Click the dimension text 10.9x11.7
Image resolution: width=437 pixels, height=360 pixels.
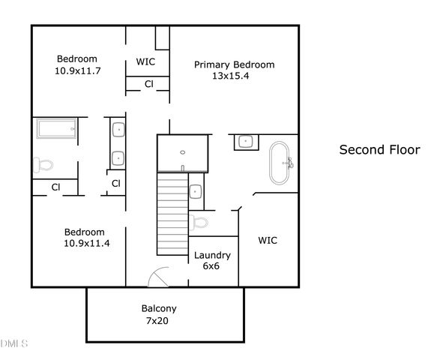click(x=77, y=70)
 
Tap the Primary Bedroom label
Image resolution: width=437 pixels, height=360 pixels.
click(x=234, y=64)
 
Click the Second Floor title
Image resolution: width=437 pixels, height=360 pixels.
click(x=380, y=149)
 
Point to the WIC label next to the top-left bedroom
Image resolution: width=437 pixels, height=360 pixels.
click(x=145, y=61)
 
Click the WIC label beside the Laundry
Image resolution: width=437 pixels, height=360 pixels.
click(x=268, y=241)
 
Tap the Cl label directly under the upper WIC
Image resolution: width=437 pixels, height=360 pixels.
click(x=148, y=84)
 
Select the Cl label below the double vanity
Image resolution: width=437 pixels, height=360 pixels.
click(x=116, y=183)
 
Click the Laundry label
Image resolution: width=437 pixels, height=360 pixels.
click(x=212, y=255)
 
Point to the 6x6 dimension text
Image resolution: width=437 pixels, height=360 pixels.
click(x=212, y=266)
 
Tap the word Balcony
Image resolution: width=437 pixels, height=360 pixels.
click(x=159, y=308)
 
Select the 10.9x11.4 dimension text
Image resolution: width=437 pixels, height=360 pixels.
click(x=84, y=243)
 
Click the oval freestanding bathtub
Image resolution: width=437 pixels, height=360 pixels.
click(x=283, y=162)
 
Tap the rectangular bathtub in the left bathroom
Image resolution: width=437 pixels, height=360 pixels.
click(x=56, y=130)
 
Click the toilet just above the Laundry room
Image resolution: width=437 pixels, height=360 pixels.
click(x=199, y=220)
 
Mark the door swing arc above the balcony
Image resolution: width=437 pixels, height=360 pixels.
click(x=159, y=279)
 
